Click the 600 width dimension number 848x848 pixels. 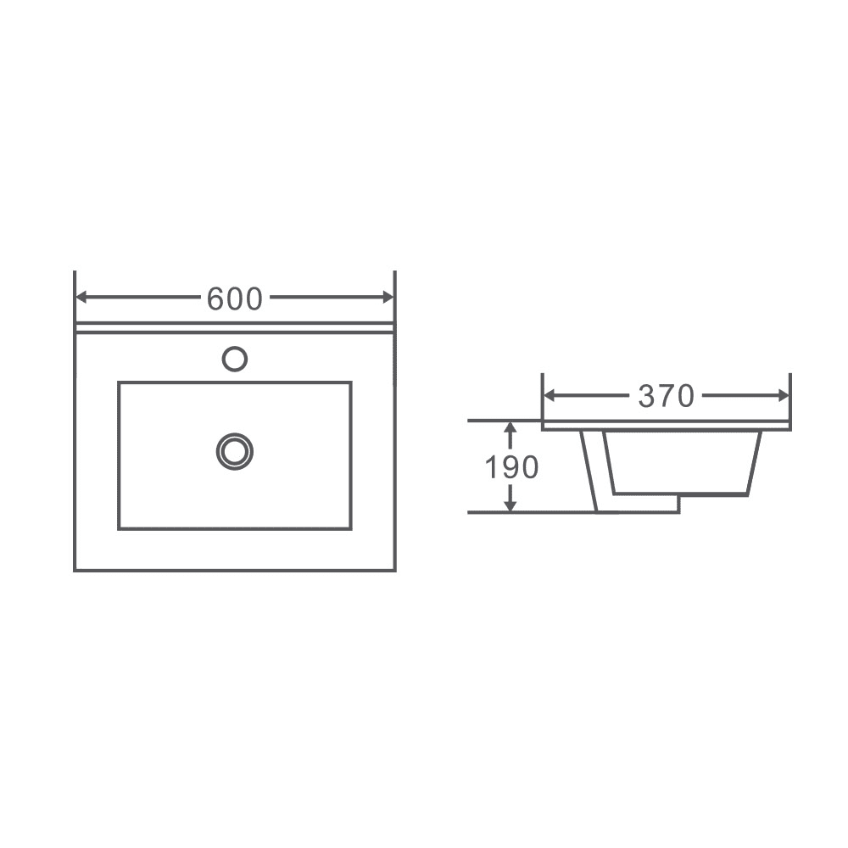click(235, 298)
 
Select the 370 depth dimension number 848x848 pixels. click(666, 396)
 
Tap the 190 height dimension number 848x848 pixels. click(511, 467)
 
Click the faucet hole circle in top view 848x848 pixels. click(235, 359)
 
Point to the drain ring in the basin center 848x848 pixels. click(235, 451)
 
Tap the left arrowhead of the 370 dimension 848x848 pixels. click(549, 396)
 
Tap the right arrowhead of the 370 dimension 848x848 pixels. click(784, 396)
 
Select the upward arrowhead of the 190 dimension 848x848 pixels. click(510, 428)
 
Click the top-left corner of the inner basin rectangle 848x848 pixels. click(119, 382)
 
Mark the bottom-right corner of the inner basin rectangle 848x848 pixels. click(351, 528)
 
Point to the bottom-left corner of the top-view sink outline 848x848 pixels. click(75, 571)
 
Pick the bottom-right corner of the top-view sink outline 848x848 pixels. click(395, 571)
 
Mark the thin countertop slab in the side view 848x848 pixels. click(666, 425)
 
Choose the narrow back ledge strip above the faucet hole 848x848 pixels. click(235, 328)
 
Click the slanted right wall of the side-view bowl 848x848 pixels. click(755, 462)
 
